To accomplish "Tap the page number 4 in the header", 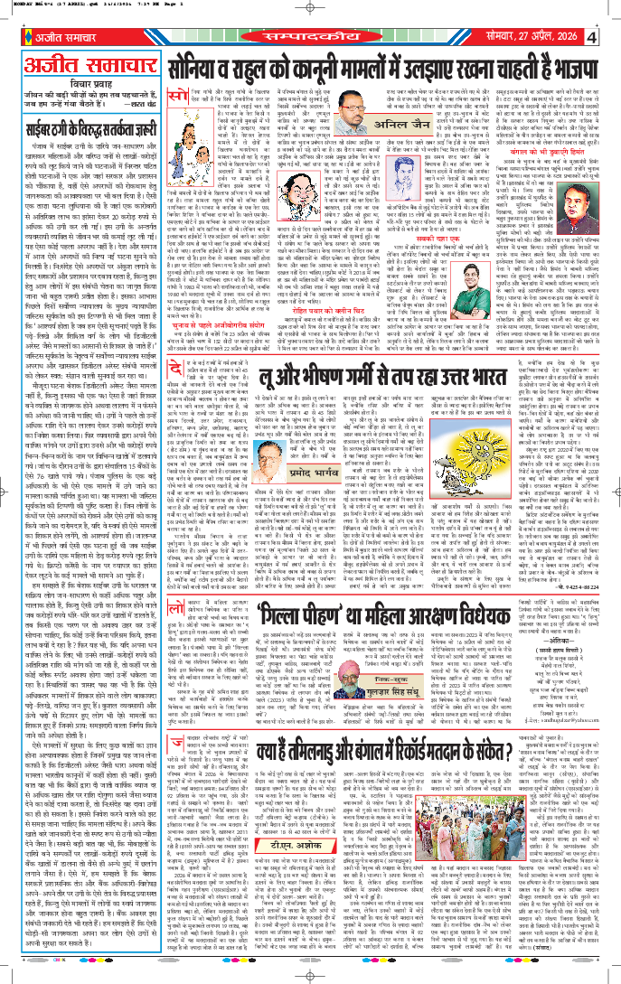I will (591, 37).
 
